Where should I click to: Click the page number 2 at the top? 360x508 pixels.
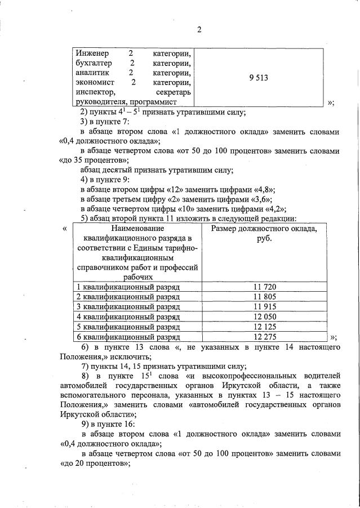199,29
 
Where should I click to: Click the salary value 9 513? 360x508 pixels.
259,78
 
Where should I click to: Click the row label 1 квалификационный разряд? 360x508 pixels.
128,287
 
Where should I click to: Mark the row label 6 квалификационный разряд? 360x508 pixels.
128,337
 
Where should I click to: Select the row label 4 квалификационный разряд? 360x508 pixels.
128,317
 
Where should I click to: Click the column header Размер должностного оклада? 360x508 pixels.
264,229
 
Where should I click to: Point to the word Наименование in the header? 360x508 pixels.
138,229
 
